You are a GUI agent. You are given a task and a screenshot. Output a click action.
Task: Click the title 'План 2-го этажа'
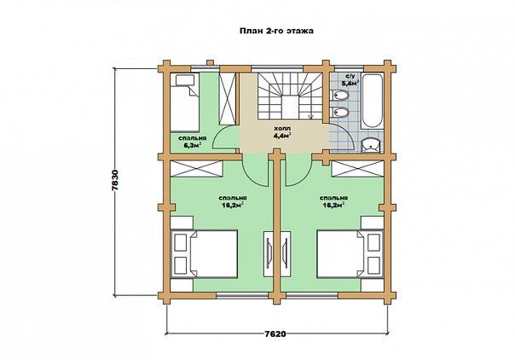(x=276, y=31)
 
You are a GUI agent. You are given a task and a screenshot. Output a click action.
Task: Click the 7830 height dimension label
(x=115, y=182)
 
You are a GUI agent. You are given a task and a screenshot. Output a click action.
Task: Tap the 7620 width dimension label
(x=275, y=334)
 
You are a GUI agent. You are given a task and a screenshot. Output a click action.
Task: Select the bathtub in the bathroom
(x=372, y=101)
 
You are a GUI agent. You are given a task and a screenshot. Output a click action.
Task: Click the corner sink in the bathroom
(x=370, y=146)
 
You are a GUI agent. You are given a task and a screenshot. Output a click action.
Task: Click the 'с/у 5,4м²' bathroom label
(x=350, y=80)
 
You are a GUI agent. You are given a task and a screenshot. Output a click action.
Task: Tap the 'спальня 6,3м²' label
(x=192, y=142)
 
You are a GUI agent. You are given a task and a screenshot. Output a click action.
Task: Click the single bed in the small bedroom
(x=185, y=102)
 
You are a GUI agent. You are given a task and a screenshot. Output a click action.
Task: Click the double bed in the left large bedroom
(x=205, y=254)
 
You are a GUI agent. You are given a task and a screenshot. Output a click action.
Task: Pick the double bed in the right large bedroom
(x=350, y=254)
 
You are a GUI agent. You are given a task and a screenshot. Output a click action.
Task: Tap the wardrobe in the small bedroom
(x=228, y=99)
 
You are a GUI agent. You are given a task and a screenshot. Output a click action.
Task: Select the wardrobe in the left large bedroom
(x=196, y=169)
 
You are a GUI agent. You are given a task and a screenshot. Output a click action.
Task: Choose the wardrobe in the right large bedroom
(x=357, y=169)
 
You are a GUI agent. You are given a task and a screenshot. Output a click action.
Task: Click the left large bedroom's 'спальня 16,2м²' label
(x=233, y=201)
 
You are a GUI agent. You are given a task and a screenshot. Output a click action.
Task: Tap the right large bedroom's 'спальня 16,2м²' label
(x=333, y=201)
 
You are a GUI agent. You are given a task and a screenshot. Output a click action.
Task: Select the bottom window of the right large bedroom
(x=314, y=295)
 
